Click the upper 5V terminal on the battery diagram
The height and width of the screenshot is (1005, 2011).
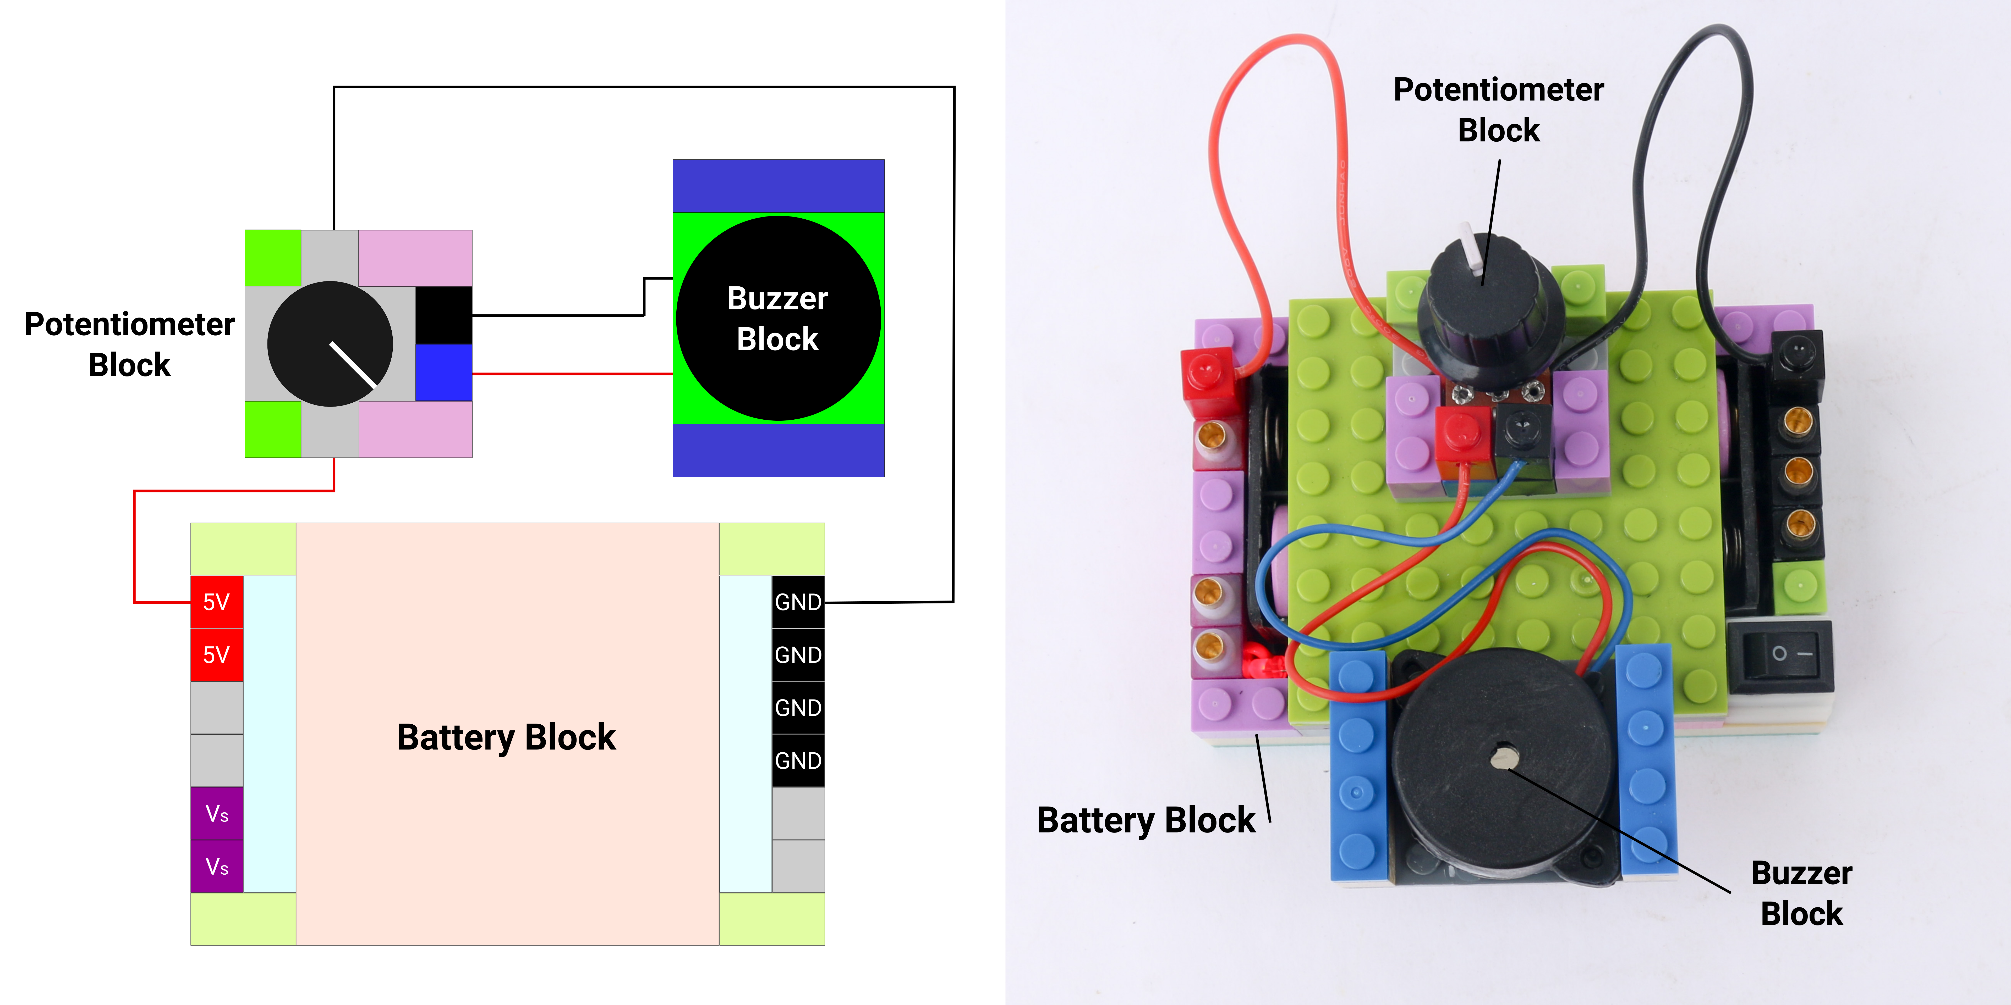(216, 602)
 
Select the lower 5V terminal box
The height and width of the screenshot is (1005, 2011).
(216, 655)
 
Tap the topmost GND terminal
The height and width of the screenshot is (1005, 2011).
(798, 602)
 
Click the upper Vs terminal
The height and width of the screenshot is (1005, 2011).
(216, 814)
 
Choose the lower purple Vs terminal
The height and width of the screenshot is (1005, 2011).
(216, 866)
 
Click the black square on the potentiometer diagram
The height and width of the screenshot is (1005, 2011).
(443, 315)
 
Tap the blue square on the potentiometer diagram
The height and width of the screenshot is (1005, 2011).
(443, 372)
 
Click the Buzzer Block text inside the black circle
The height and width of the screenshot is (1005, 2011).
(777, 318)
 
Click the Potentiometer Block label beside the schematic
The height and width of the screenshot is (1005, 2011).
(130, 344)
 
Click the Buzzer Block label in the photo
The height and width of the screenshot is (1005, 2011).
(1801, 893)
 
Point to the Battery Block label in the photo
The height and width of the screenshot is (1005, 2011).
(1145, 820)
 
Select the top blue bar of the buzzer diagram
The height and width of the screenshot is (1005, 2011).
(777, 186)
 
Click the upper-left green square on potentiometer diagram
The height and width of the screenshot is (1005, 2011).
(272, 258)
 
